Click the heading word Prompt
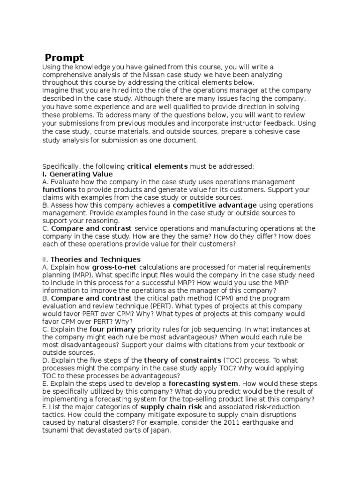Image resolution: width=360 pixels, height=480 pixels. coord(65,58)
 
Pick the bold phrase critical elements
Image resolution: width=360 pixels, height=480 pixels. coord(157,166)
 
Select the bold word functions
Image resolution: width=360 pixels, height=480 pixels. coord(60,190)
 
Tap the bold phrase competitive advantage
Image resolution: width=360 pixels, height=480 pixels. coord(215,205)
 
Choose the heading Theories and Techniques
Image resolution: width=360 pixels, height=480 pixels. coord(95,259)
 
